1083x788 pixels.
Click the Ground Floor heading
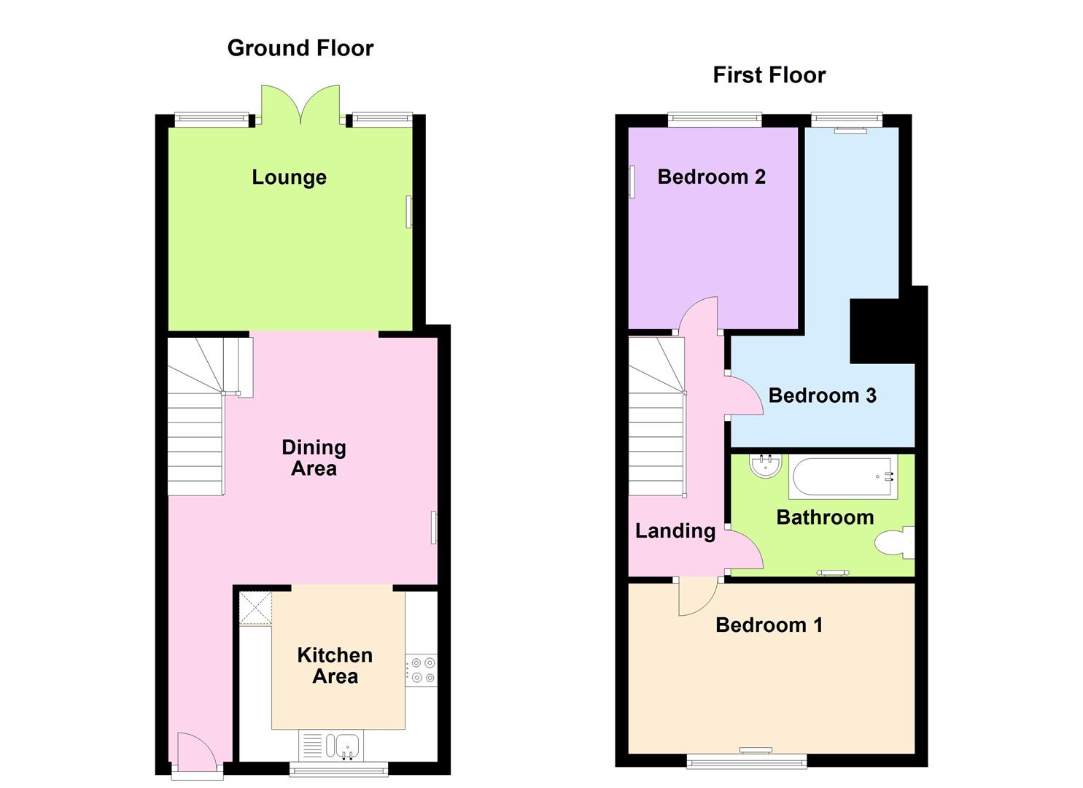300,48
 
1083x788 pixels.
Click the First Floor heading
769,75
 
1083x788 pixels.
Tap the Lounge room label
289,177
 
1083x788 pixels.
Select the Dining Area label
314,457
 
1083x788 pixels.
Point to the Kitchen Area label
335,665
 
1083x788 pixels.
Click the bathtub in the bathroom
842,477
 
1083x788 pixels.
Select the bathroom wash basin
765,466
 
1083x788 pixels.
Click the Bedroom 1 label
769,625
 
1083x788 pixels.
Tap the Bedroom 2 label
711,177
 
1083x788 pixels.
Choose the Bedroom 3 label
822,395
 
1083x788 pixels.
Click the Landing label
675,531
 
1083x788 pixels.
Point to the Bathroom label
825,517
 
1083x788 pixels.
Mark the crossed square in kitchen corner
255,608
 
